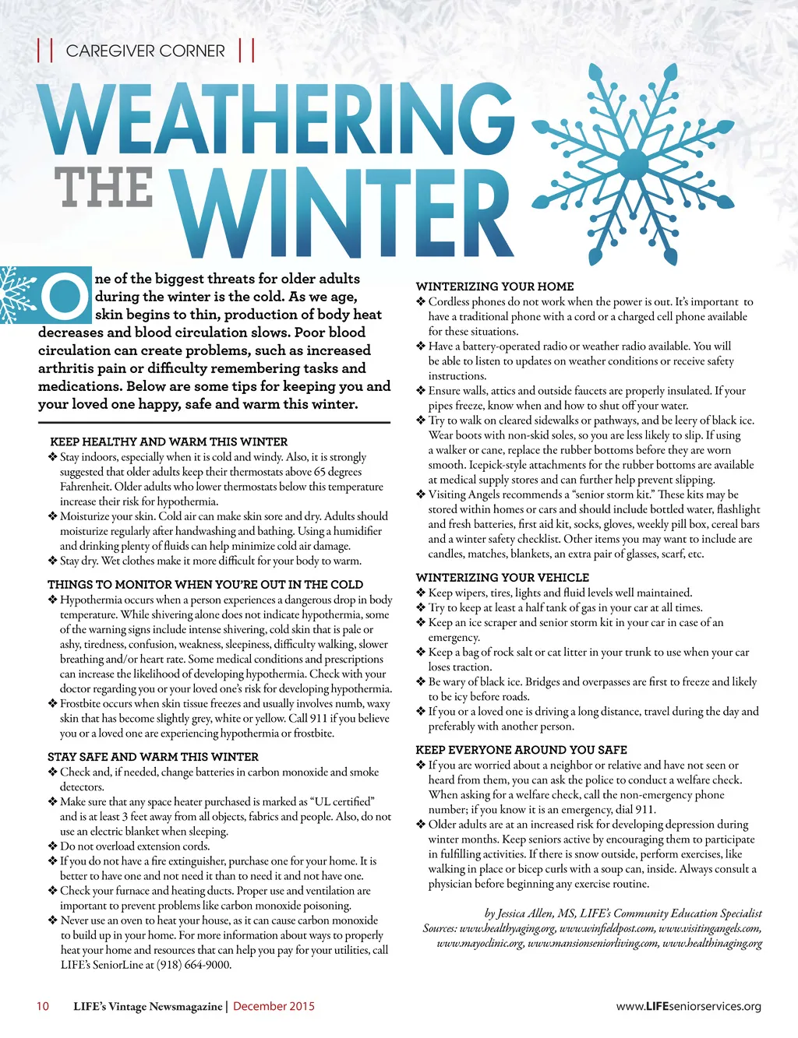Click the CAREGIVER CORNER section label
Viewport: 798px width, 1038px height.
point(146,51)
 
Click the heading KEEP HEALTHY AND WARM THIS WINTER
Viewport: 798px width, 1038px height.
point(168,442)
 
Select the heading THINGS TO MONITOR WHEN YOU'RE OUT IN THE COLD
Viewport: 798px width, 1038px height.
point(205,584)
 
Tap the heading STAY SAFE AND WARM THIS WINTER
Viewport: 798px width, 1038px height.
point(153,756)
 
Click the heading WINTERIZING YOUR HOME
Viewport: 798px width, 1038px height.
point(495,287)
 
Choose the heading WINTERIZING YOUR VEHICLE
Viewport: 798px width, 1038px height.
point(503,578)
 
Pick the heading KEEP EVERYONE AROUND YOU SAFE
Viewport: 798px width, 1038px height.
point(521,750)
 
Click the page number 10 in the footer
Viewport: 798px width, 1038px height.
point(42,1006)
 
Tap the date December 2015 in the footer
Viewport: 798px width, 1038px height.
point(274,1006)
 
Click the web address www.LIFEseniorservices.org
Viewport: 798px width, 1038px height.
point(688,1006)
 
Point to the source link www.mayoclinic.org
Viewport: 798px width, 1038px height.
point(480,944)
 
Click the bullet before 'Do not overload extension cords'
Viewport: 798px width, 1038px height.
point(53,846)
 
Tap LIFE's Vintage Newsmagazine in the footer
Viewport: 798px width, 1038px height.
point(148,1006)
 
